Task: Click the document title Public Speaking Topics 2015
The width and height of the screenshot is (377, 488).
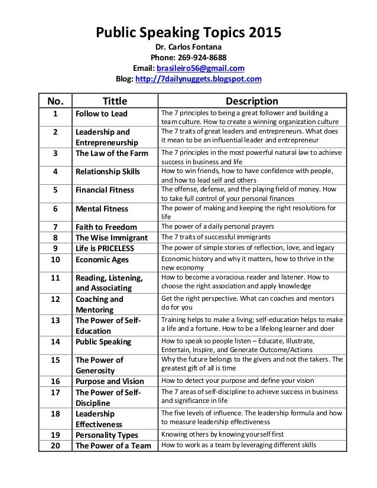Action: pos(188,32)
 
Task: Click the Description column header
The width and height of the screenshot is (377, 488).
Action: pos(248,100)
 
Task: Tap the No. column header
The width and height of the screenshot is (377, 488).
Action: pos(55,100)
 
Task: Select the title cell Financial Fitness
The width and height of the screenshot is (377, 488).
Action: pos(105,190)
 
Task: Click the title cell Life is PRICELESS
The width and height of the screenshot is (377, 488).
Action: pos(103,248)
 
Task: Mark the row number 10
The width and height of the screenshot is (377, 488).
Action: pos(55,259)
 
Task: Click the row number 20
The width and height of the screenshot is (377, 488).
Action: pos(55,445)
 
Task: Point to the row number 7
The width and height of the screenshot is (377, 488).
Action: pos(55,227)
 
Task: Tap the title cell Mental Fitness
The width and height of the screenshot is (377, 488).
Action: pos(100,209)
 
